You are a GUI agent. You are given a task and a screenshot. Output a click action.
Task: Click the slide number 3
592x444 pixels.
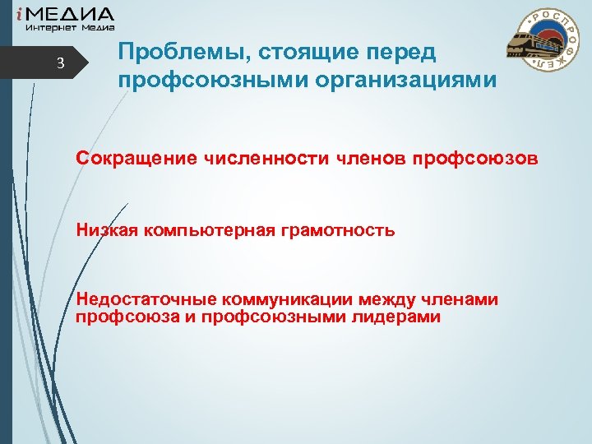pos(59,65)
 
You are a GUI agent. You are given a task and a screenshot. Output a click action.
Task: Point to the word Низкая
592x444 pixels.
pos(108,230)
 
